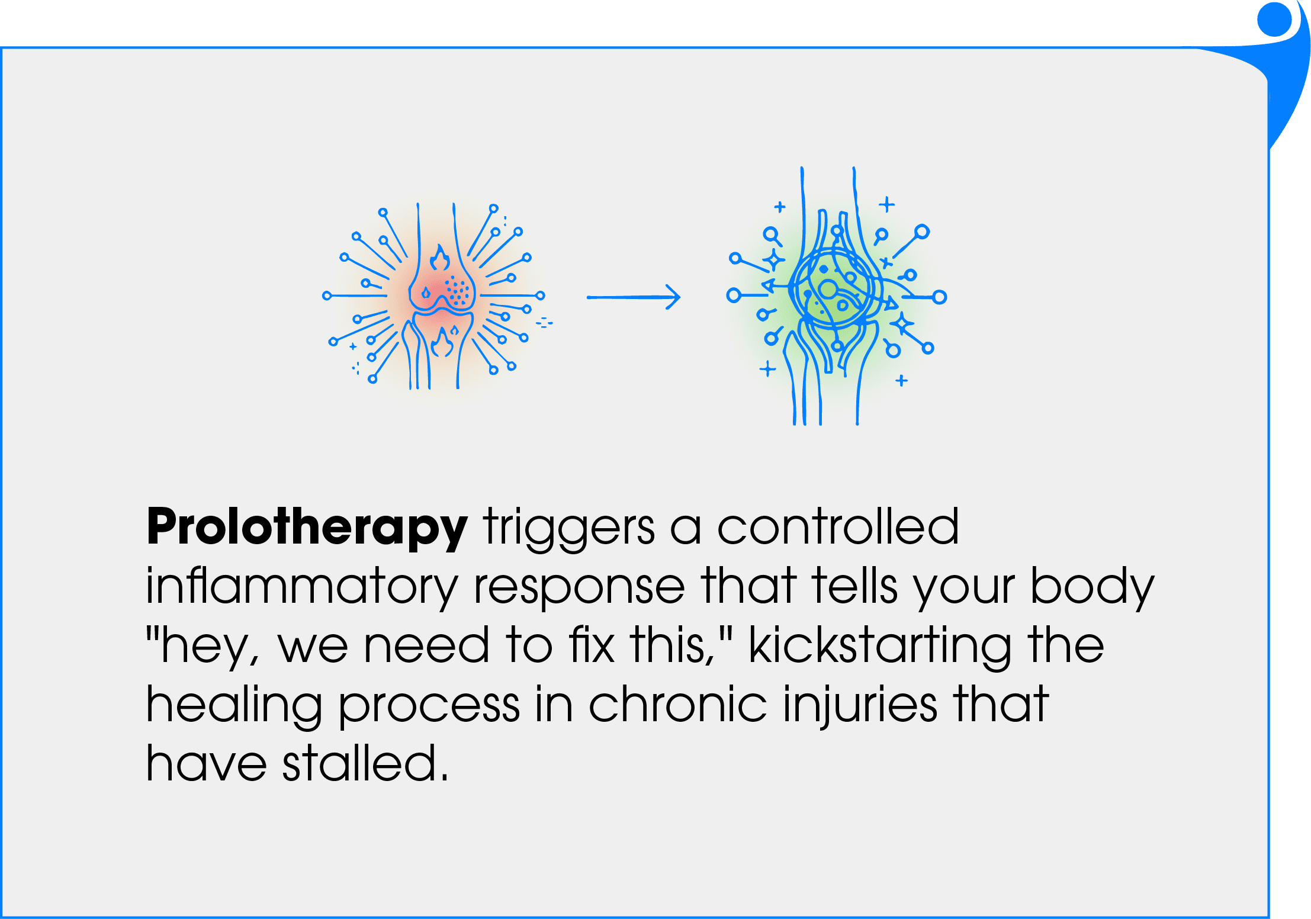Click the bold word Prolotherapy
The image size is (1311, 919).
pyautogui.click(x=307, y=528)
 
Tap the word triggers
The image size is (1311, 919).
pyautogui.click(x=568, y=528)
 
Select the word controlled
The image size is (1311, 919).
pyautogui.click(x=837, y=526)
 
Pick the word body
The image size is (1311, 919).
pyautogui.click(x=1092, y=586)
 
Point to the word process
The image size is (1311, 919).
pyautogui.click(x=429, y=706)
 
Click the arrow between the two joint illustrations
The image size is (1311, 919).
pyautogui.click(x=634, y=297)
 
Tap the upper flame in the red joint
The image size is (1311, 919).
pyautogui.click(x=439, y=258)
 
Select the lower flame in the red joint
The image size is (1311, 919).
pyautogui.click(x=442, y=342)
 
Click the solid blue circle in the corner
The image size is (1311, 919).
pyautogui.click(x=1274, y=20)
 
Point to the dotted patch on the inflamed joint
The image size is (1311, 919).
pyautogui.click(x=457, y=290)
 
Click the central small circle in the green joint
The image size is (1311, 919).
pyautogui.click(x=828, y=290)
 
